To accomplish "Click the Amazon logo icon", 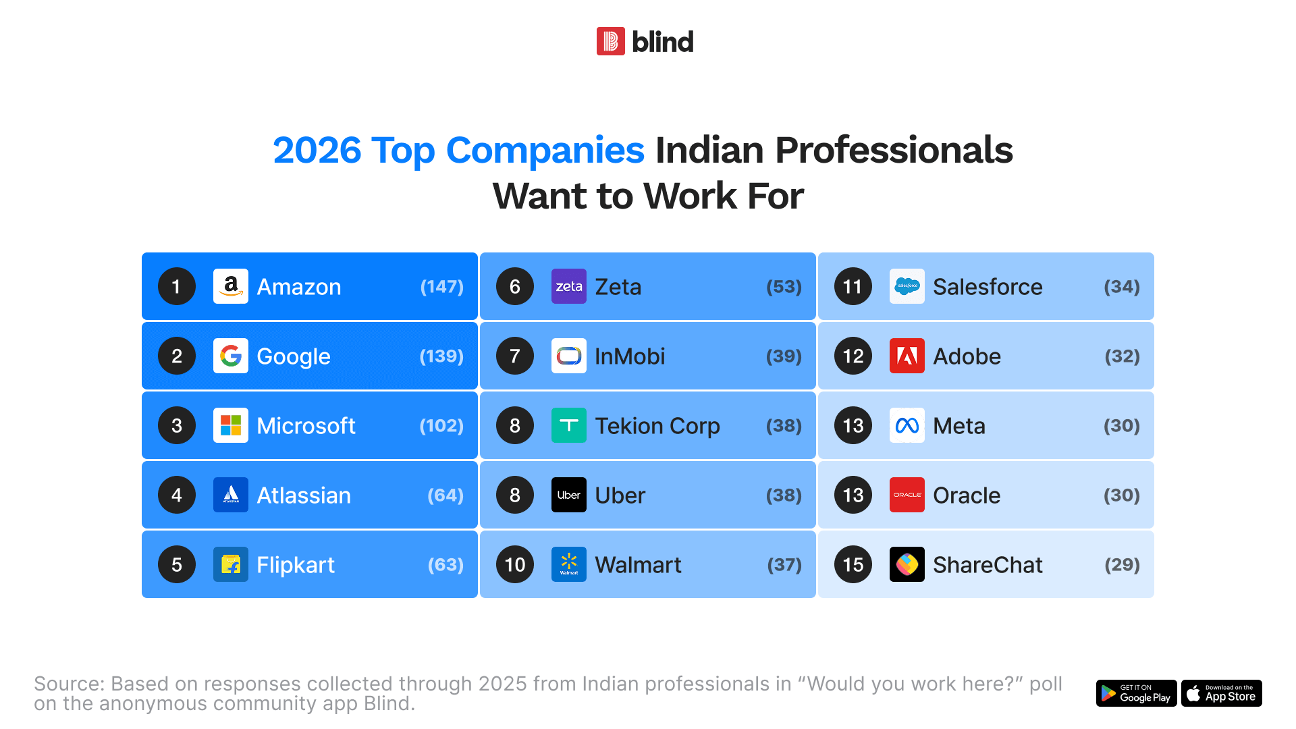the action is pyautogui.click(x=231, y=286).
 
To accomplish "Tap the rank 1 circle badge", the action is pyautogui.click(x=177, y=286).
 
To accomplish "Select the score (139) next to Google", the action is pyautogui.click(x=441, y=356).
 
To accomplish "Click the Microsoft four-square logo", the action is pyautogui.click(x=231, y=425).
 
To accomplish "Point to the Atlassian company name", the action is pyautogui.click(x=304, y=495).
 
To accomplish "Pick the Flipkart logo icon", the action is pyautogui.click(x=231, y=564).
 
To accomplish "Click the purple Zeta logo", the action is pyautogui.click(x=569, y=286).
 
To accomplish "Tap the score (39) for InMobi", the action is pyautogui.click(x=784, y=356).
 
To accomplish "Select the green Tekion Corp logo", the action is pyautogui.click(x=569, y=425).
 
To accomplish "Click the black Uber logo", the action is pyautogui.click(x=569, y=495).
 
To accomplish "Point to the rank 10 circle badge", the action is pyautogui.click(x=515, y=564).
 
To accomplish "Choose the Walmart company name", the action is pyautogui.click(x=638, y=564).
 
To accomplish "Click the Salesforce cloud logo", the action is pyautogui.click(x=907, y=286).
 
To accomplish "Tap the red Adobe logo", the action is pyautogui.click(x=907, y=356).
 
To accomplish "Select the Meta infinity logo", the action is pyautogui.click(x=907, y=425).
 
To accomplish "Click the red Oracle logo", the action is pyautogui.click(x=907, y=495).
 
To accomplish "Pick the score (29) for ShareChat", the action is pyautogui.click(x=1122, y=564).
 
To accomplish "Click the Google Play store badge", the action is pyautogui.click(x=1137, y=693).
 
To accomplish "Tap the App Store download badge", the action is pyautogui.click(x=1222, y=693).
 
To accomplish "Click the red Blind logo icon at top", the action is pyautogui.click(x=611, y=41).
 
